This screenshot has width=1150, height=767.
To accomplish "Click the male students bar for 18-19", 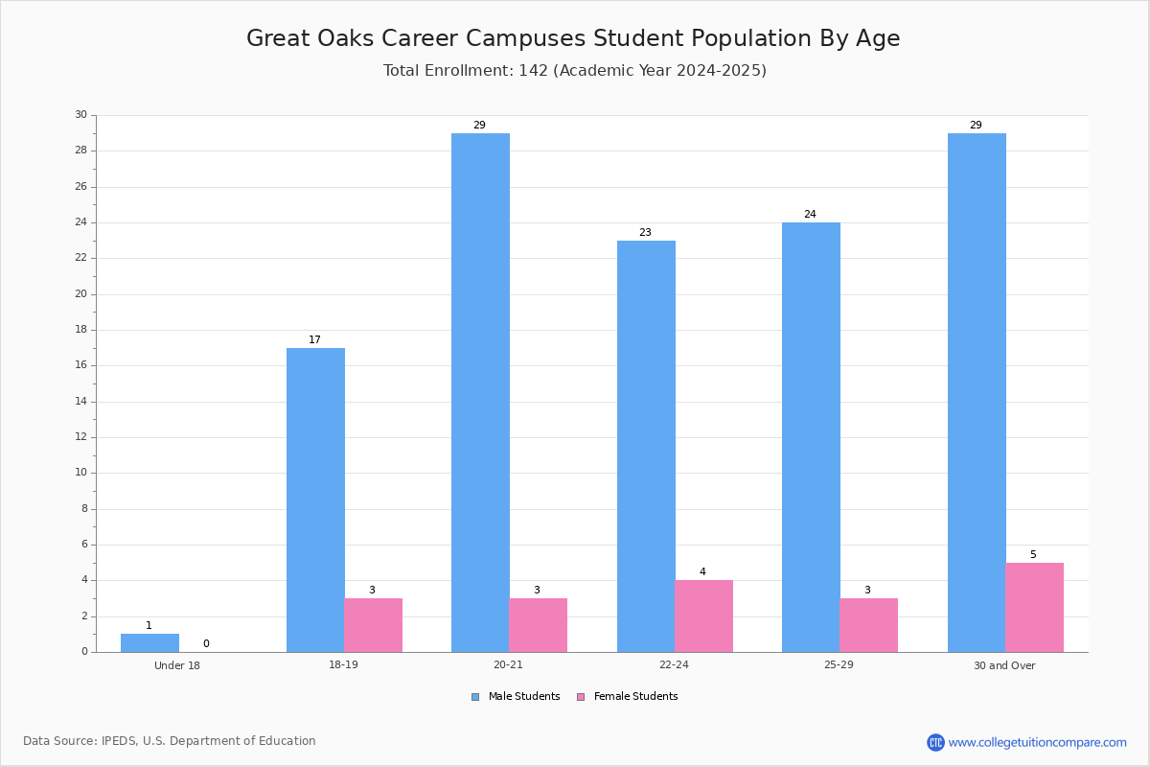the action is coord(315,500).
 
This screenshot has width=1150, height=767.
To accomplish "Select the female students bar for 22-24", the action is coord(703,616).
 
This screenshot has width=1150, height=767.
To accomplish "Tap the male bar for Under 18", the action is coord(149,642).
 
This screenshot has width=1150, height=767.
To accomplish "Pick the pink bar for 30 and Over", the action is coord(1034,607).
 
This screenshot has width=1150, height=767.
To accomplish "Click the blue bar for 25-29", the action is coord(811,437).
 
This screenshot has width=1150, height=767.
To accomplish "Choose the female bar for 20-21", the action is coord(538,625).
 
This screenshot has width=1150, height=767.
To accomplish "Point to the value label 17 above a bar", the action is coord(314,339).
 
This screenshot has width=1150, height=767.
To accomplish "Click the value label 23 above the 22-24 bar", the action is coord(645,232).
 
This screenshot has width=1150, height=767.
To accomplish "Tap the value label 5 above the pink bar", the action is coord(1033,554).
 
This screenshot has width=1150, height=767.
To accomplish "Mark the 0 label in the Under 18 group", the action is coord(206,643).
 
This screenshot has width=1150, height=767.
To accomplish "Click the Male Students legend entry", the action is coord(516,696).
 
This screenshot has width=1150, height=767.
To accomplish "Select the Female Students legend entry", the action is coord(628,696).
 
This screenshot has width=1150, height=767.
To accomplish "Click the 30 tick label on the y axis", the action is coord(81,114).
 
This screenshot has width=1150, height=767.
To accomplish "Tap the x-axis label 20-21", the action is coord(508,664).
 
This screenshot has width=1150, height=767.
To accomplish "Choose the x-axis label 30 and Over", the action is coord(1004,665).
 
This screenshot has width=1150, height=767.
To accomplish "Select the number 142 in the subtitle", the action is coord(534,70).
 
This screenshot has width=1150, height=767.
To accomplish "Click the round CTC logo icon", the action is coord(935,742).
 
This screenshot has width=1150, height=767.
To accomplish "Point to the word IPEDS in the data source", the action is coord(119,741).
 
